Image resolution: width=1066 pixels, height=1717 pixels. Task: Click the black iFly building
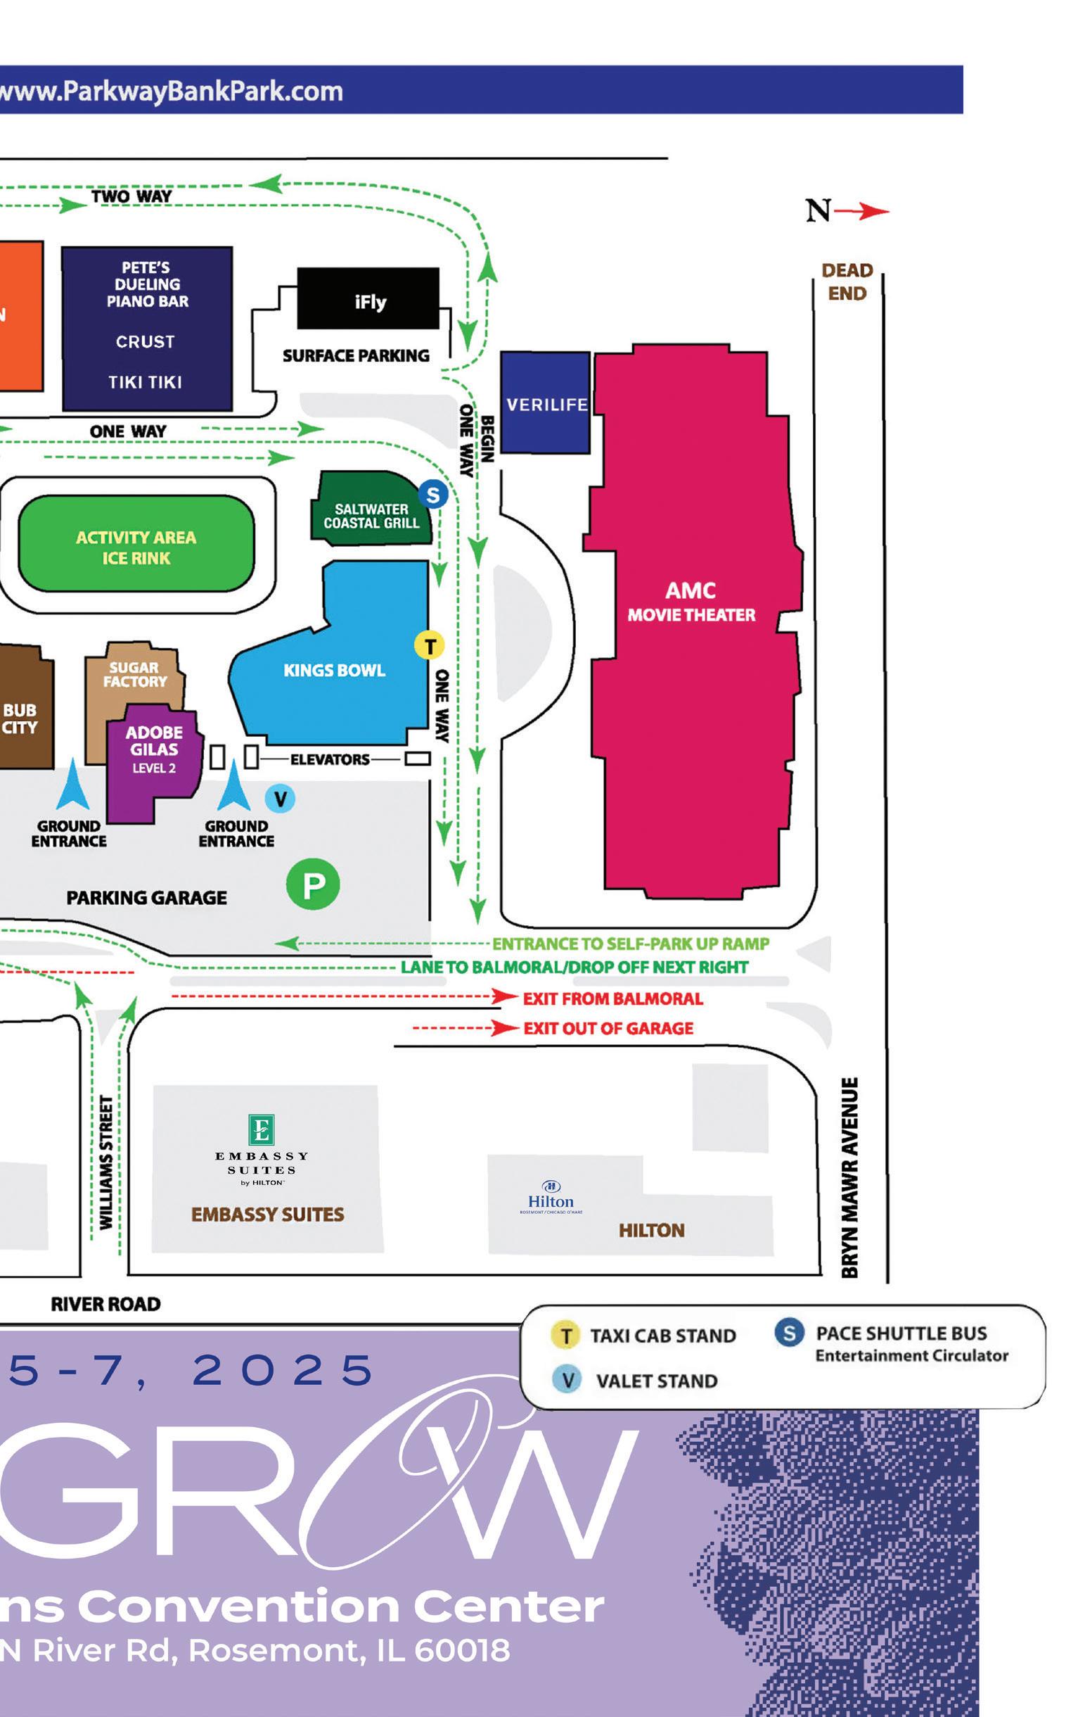(x=368, y=299)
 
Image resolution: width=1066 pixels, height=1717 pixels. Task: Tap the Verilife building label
(x=546, y=405)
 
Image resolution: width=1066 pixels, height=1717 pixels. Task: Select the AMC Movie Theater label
(x=691, y=602)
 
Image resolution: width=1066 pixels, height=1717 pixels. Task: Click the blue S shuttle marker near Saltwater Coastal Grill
(x=433, y=495)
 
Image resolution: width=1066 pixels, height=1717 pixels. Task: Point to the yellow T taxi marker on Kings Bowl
(x=430, y=645)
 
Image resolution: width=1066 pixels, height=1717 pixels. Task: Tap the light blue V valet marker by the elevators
(x=280, y=799)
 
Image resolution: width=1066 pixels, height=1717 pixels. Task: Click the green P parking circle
(x=313, y=884)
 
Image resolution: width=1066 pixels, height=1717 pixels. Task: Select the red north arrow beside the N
(x=863, y=210)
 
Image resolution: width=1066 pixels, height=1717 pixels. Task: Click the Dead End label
(x=847, y=281)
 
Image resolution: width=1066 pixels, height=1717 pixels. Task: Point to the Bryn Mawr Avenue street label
(x=850, y=1178)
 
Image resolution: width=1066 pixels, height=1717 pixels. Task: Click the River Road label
(x=105, y=1305)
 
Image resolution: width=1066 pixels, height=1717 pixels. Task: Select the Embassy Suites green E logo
(x=262, y=1129)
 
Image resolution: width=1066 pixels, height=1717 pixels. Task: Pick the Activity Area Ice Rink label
(x=136, y=547)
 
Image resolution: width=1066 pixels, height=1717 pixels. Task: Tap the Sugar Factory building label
(x=135, y=674)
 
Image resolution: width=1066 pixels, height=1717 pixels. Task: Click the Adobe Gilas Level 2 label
(x=154, y=749)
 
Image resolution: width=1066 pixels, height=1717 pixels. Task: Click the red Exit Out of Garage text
(x=608, y=1029)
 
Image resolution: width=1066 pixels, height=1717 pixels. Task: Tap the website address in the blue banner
(x=172, y=91)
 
